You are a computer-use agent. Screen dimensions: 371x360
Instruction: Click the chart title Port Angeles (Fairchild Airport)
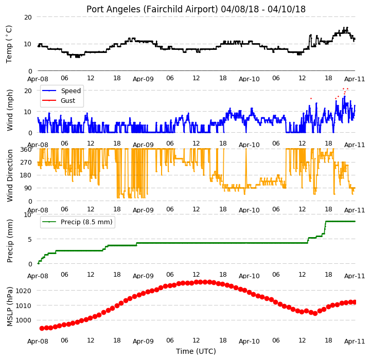[x=152, y=9]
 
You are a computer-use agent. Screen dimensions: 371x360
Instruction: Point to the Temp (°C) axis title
[x=9, y=44]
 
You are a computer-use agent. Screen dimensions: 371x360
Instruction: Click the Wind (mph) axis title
[x=9, y=110]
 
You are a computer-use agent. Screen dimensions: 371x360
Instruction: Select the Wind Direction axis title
[x=9, y=175]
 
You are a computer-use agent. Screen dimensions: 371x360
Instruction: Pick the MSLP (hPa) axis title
[x=9, y=307]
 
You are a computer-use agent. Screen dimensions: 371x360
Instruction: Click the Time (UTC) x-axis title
[x=196, y=351]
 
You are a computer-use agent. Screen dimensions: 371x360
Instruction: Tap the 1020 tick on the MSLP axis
[x=24, y=291]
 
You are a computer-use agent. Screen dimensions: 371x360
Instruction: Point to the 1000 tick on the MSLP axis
[x=24, y=320]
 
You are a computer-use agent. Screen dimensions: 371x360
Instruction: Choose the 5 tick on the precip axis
[x=30, y=239]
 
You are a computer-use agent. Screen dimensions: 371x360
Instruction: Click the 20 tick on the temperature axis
[x=28, y=17]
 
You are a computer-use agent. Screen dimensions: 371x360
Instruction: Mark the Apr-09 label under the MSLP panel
[x=143, y=341]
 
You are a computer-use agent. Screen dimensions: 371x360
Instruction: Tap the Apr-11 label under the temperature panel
[x=355, y=79]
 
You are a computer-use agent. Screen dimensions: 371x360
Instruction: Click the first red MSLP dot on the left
[x=42, y=328]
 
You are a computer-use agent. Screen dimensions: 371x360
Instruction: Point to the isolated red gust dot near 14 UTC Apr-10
[x=311, y=98]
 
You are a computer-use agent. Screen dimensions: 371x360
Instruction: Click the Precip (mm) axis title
[x=9, y=241]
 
